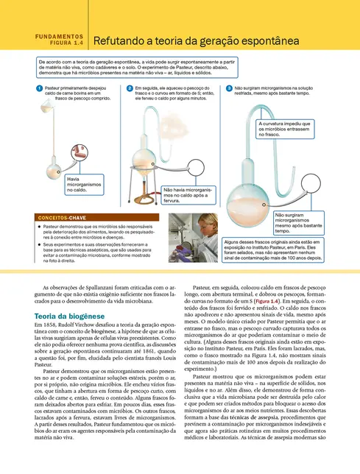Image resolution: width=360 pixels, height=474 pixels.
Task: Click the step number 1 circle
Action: [x=38, y=88]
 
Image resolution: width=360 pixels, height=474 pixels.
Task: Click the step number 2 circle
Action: [x=130, y=88]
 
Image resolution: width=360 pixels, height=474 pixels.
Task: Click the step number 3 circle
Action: [x=229, y=88]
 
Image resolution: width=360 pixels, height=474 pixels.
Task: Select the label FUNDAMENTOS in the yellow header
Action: [x=59, y=35]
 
